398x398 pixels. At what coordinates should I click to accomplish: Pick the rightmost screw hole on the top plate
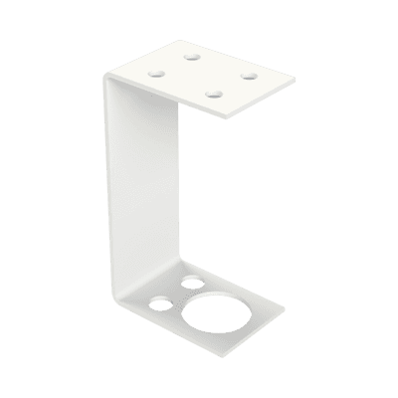pyautogui.click(x=249, y=75)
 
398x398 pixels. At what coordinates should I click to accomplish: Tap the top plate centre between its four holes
pyautogui.click(x=201, y=75)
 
